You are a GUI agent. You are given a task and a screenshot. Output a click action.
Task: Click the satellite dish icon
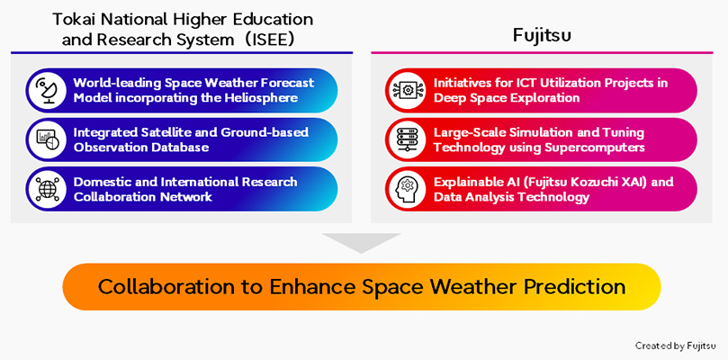coord(46,90)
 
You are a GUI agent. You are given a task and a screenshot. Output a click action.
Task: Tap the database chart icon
coord(46,139)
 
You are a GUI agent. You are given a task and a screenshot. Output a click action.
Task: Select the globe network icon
coord(46,188)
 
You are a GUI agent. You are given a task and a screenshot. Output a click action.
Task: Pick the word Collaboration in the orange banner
coord(155,287)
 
